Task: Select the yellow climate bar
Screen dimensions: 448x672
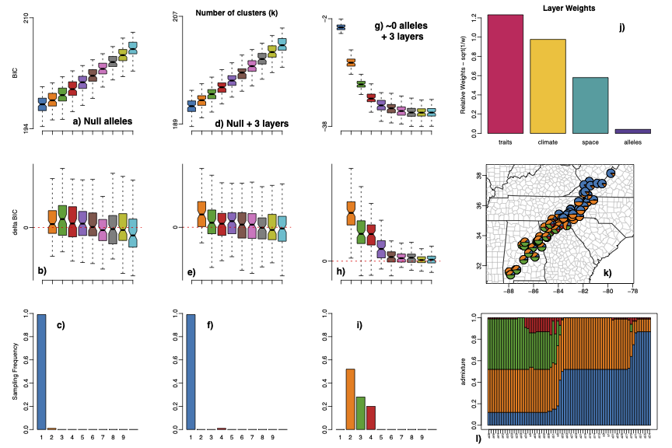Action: [548, 86]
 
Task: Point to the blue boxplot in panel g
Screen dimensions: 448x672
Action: [341, 27]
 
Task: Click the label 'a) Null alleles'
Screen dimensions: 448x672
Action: [102, 121]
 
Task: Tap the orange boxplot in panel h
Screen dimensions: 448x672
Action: [351, 212]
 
